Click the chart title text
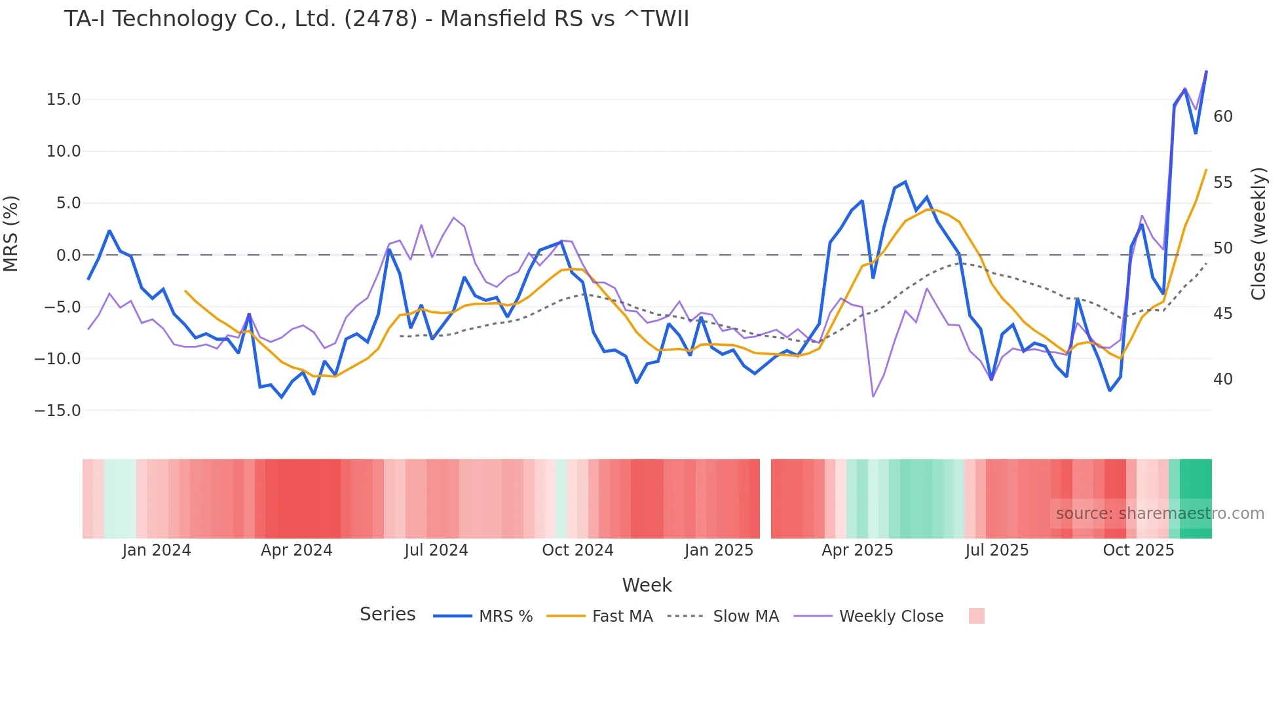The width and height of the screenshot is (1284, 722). tap(376, 19)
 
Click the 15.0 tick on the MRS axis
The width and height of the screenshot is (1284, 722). tap(64, 100)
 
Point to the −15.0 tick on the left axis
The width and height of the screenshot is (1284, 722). tap(58, 411)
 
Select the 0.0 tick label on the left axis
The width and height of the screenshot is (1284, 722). tap(69, 256)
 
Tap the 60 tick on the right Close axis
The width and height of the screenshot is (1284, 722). tap(1222, 117)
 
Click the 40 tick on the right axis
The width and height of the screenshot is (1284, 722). tap(1222, 379)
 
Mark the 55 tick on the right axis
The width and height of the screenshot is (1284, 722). tap(1222, 183)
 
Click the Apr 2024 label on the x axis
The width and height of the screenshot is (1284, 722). tap(296, 550)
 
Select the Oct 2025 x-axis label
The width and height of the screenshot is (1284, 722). tap(1138, 550)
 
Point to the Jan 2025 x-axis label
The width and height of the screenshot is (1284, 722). tap(719, 550)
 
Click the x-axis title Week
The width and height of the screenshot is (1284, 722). tap(647, 585)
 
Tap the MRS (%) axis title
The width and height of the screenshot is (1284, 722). tap(11, 233)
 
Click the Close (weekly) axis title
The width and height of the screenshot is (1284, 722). tap(1258, 234)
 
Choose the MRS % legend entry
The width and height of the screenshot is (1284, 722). tap(483, 617)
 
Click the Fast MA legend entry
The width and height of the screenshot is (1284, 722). tap(600, 617)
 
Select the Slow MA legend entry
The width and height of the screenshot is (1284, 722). tap(723, 617)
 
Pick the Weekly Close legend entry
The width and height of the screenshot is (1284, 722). tap(869, 617)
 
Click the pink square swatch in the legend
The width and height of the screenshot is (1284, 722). tap(976, 616)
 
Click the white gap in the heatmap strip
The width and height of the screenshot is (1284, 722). tap(765, 499)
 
